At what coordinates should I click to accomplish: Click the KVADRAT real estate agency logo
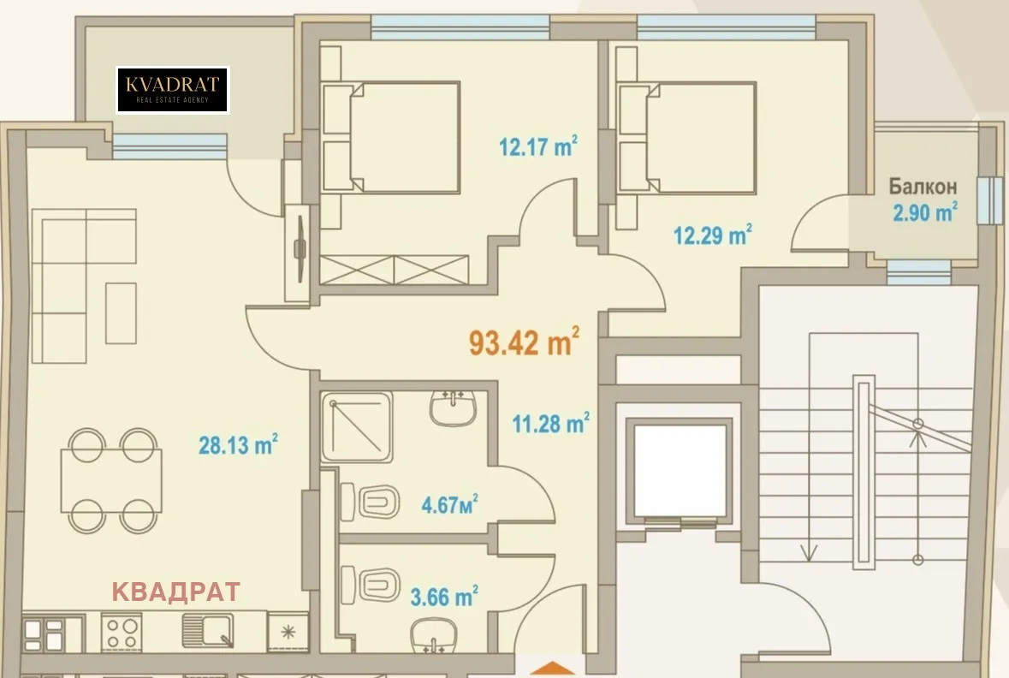click(172, 90)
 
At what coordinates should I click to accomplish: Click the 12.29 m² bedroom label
click(713, 234)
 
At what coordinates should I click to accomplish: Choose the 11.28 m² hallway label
click(550, 422)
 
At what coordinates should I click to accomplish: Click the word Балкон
click(922, 187)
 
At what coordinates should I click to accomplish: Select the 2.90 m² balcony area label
click(924, 212)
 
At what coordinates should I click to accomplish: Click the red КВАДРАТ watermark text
click(176, 592)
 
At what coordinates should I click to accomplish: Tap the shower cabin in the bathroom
click(356, 426)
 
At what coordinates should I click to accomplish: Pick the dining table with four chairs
click(111, 480)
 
